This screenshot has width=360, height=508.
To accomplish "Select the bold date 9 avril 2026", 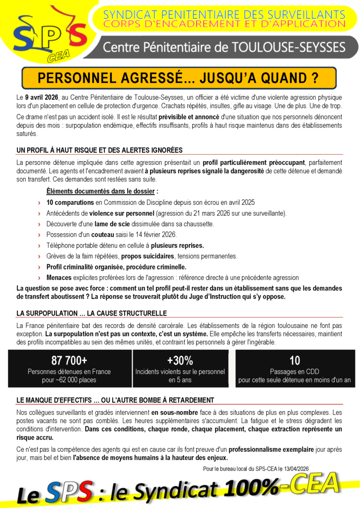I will pos(42,97).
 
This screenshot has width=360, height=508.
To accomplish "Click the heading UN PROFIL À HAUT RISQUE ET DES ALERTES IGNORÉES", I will pos(99,150).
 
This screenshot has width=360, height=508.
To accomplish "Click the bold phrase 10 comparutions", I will pos(70,202).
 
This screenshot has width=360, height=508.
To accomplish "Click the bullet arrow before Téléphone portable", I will pos(39,246).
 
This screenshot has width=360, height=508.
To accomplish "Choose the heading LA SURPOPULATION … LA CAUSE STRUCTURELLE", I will pos(91,313).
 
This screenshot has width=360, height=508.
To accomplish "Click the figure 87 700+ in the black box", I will pos(69,360).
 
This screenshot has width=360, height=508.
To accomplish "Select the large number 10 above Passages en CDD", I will pos(294,360).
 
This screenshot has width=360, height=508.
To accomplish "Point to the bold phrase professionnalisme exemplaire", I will pos(271,449).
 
